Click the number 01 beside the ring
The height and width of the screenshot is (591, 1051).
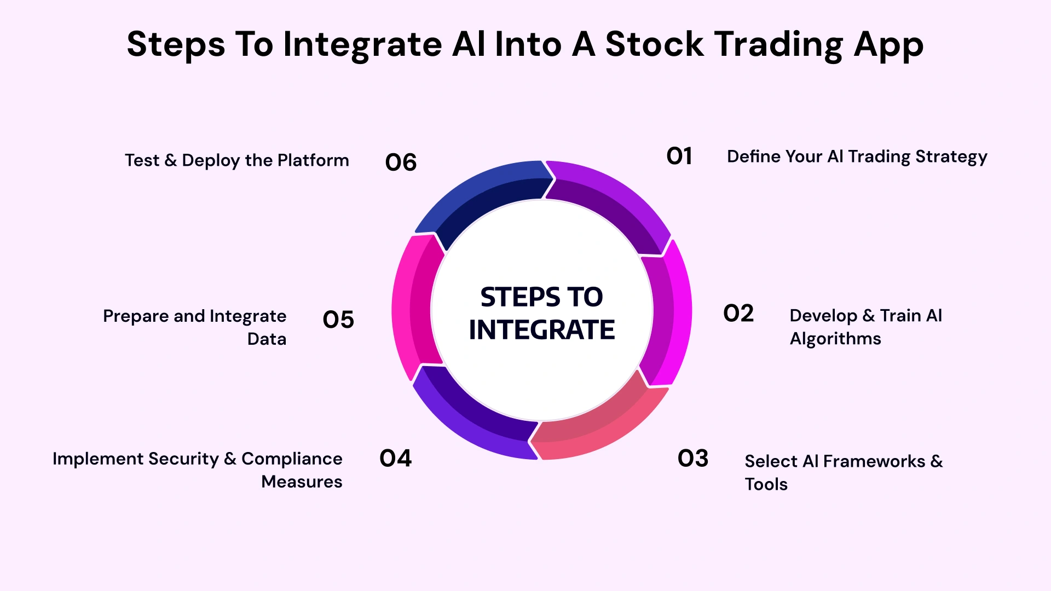click(679, 157)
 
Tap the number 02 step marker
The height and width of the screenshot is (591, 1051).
click(738, 314)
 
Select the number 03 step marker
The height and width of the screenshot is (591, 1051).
click(693, 459)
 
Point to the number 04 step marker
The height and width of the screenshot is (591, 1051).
click(395, 459)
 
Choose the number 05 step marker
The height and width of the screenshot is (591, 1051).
click(338, 320)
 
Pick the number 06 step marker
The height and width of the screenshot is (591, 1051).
click(401, 163)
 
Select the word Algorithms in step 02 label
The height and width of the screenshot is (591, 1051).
click(835, 339)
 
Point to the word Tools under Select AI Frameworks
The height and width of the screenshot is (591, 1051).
click(766, 484)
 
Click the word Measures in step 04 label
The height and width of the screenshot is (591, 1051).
click(302, 482)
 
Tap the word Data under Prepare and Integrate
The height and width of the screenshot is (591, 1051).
click(267, 339)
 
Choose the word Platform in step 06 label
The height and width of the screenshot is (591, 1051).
click(313, 160)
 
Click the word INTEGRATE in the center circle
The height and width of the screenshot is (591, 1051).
click(541, 330)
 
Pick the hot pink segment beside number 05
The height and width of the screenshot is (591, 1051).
click(413, 306)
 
